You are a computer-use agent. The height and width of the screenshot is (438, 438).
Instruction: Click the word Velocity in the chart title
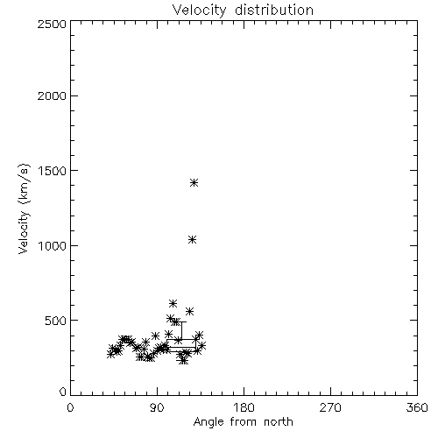200,11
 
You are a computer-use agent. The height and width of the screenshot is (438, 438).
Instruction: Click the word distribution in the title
274,10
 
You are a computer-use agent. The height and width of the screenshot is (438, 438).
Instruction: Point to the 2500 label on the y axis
52,24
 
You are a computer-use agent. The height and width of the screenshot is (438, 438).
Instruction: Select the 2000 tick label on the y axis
52,95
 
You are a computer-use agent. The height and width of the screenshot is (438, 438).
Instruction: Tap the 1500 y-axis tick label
53,171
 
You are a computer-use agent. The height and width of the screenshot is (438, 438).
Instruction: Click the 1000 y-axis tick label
53,245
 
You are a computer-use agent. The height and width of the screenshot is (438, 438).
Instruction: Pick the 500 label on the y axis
56,321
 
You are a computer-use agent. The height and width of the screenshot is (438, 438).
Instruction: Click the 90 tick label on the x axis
157,407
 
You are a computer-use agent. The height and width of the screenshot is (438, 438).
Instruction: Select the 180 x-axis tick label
244,407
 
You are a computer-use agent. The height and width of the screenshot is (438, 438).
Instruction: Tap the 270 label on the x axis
330,407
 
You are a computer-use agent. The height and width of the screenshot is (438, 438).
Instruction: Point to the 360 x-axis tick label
417,407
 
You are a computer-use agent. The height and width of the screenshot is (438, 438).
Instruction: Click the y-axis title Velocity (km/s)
24,208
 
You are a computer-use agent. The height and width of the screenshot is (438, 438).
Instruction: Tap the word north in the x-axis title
279,422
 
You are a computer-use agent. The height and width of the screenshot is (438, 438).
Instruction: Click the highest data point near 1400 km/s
194,183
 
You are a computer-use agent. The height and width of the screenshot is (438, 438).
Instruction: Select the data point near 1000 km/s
192,240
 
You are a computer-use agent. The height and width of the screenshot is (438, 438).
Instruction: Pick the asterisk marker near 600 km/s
173,303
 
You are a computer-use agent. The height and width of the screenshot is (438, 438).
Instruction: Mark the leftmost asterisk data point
110,354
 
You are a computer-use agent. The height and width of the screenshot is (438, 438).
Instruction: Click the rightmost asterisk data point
201,346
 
